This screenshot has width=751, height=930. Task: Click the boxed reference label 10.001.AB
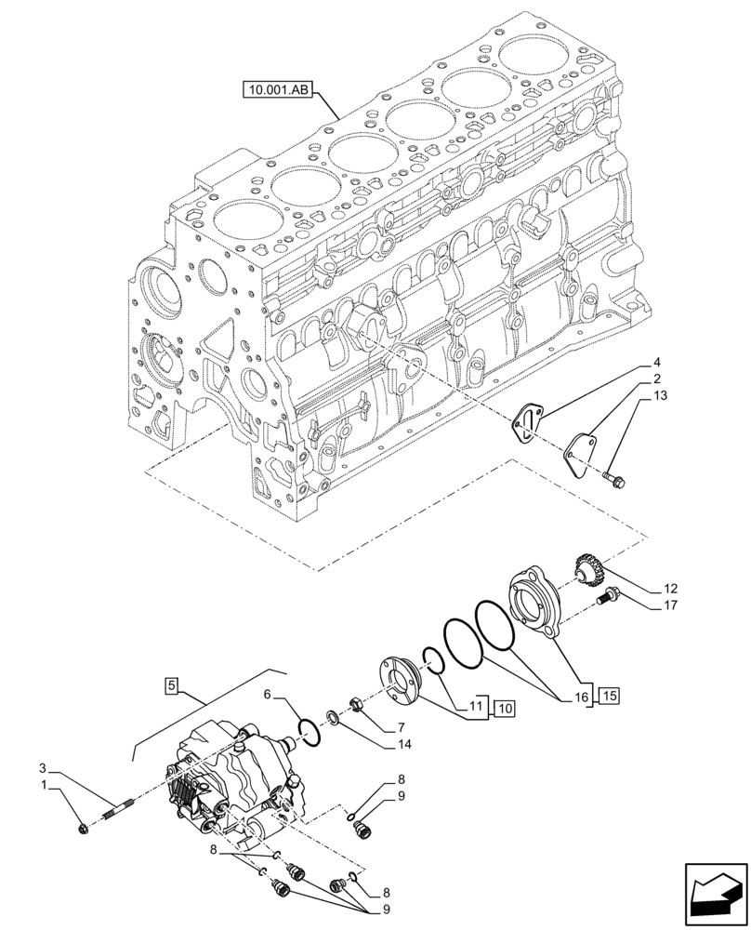pyautogui.click(x=279, y=90)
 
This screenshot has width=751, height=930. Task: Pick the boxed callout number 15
pyautogui.click(x=608, y=695)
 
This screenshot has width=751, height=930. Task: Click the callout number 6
pyautogui.click(x=266, y=694)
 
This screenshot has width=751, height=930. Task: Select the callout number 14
pyautogui.click(x=402, y=744)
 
